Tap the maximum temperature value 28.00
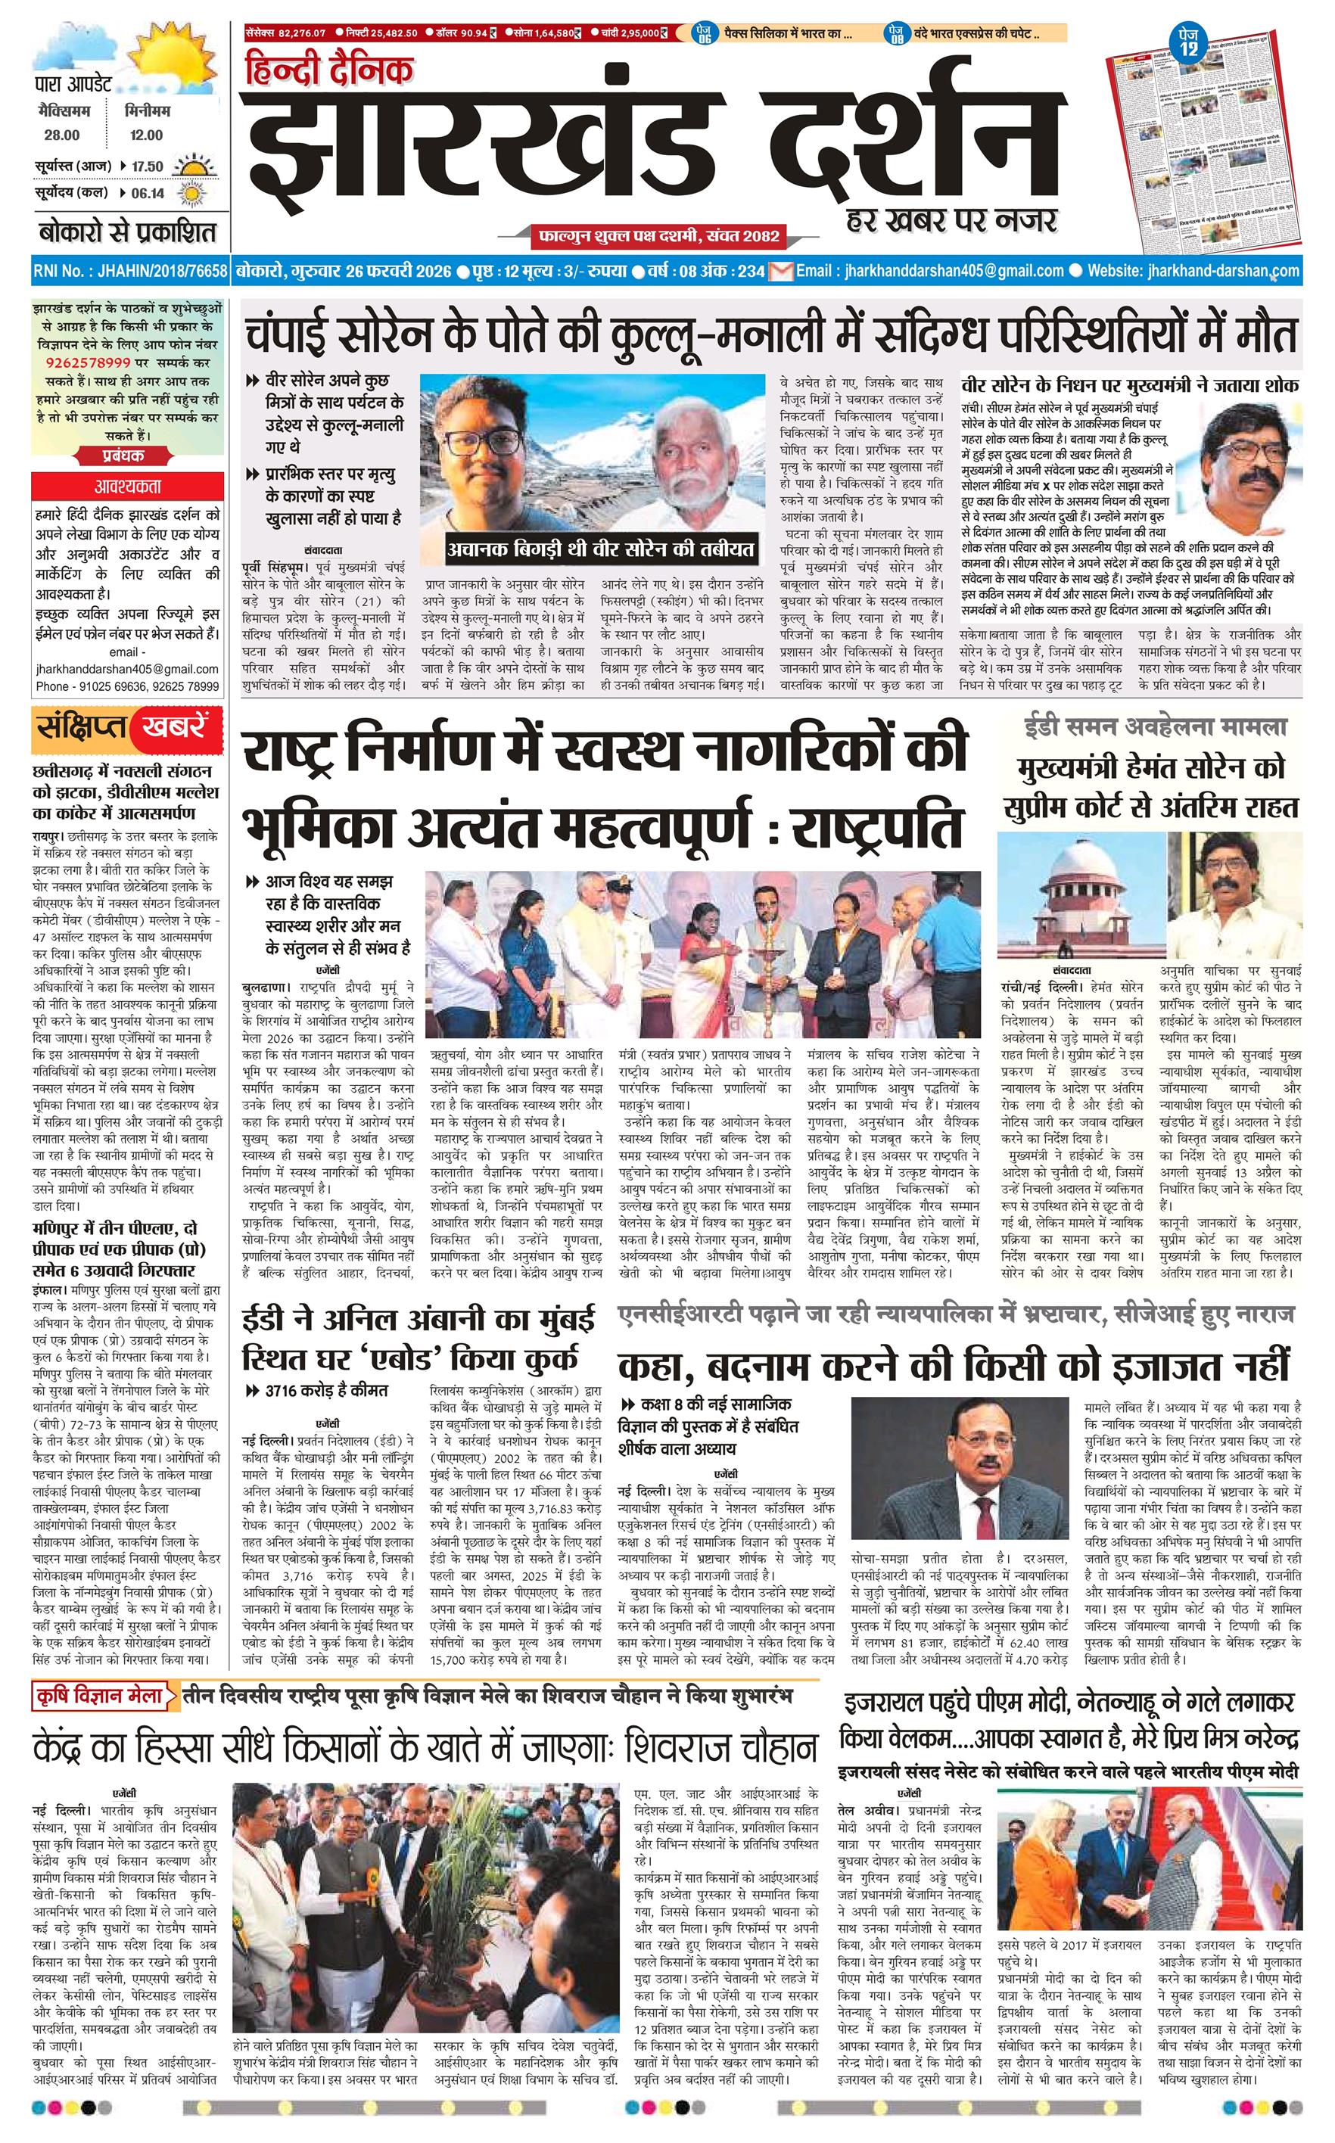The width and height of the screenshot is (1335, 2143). [62, 135]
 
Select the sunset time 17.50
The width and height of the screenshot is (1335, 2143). [147, 166]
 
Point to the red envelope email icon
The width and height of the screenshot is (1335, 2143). [780, 271]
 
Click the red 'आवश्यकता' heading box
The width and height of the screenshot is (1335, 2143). [128, 487]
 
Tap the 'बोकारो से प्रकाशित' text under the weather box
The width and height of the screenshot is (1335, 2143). [127, 234]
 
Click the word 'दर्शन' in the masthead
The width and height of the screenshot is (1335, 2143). [897, 145]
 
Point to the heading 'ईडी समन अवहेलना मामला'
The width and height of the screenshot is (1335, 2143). [1155, 727]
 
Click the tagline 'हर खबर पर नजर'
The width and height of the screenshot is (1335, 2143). [949, 219]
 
